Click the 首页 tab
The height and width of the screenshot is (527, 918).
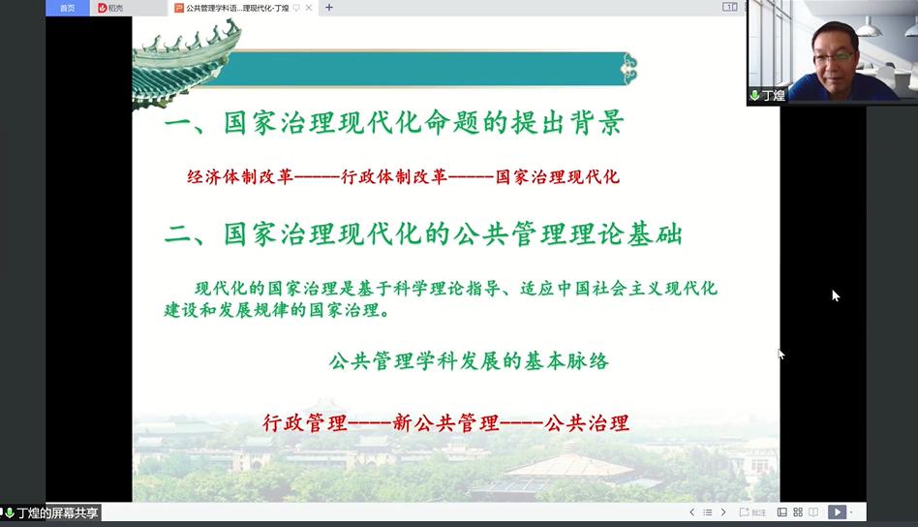pos(68,8)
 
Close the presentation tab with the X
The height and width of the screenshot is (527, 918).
pos(309,8)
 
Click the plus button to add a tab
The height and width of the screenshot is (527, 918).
pos(329,8)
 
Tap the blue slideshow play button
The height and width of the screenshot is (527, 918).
pos(838,511)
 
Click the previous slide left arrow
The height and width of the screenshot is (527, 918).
pos(692,512)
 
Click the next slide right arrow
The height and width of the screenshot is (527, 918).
pos(723,512)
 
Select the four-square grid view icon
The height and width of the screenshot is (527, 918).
pos(798,512)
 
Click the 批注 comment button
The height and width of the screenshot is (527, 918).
pos(753,512)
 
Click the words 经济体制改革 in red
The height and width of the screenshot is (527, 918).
pos(240,177)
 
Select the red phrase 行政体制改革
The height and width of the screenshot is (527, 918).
pos(394,177)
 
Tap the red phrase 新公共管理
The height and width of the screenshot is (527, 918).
pos(445,422)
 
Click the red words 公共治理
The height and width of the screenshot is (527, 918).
pos(587,422)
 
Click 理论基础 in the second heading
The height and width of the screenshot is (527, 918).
pos(627,234)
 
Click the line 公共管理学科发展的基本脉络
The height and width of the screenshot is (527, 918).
pos(469,360)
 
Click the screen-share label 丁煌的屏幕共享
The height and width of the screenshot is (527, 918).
pos(57,512)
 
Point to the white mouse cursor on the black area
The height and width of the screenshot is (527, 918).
pos(836,295)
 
